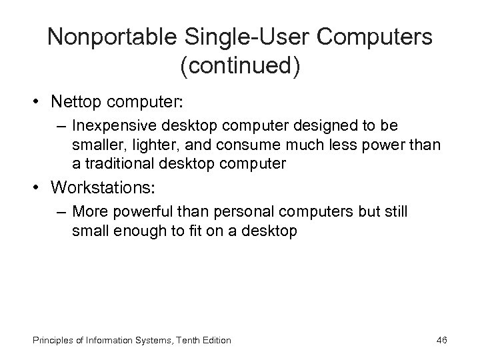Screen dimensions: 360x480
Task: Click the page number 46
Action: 441,341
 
